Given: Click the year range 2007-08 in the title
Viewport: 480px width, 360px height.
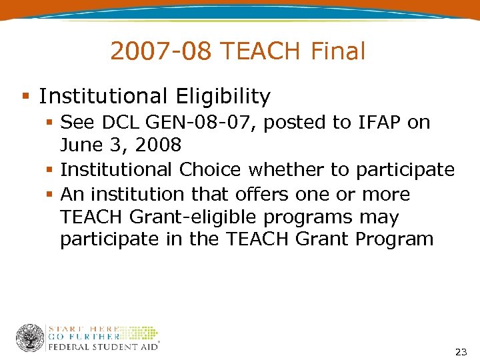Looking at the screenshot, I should click(160, 51).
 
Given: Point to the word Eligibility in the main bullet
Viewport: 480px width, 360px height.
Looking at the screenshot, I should click(223, 97).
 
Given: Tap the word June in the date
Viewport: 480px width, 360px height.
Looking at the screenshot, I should click(81, 145).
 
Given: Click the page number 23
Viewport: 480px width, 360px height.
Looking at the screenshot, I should click(460, 351).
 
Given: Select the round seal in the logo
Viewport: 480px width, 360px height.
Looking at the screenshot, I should click(30, 338).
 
